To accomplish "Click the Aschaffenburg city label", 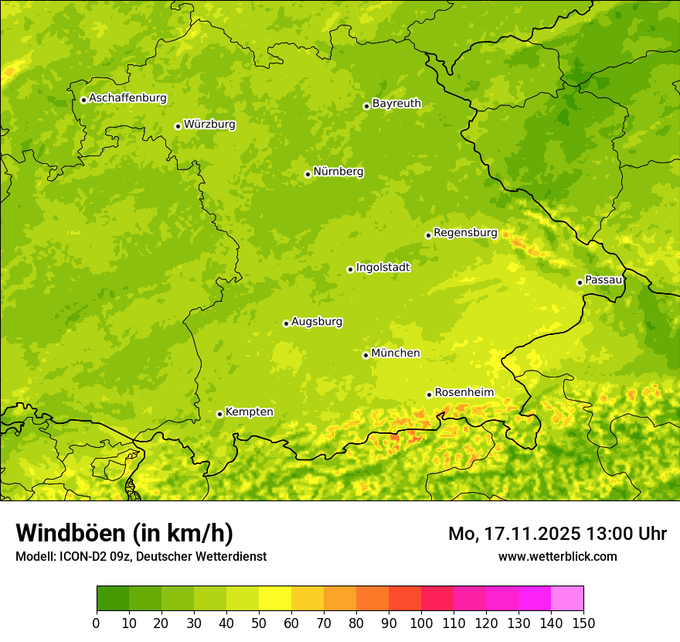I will pyautogui.click(x=127, y=98).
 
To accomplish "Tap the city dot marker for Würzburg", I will pyautogui.click(x=178, y=126).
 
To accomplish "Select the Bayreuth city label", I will pyautogui.click(x=396, y=104).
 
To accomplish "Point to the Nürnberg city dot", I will pyautogui.click(x=308, y=174).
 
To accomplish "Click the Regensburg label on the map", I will pyautogui.click(x=465, y=233).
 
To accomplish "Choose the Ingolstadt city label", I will pyautogui.click(x=382, y=268).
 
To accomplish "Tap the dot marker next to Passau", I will pyautogui.click(x=580, y=282).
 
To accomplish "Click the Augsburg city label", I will pyautogui.click(x=317, y=322).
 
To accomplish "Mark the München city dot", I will pyautogui.click(x=365, y=355).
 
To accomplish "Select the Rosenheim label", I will pyautogui.click(x=464, y=393).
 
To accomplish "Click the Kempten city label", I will pyautogui.click(x=249, y=412).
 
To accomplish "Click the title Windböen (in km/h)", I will pyautogui.click(x=124, y=533).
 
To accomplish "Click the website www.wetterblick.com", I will pyautogui.click(x=557, y=556).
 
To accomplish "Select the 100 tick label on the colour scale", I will pyautogui.click(x=421, y=623).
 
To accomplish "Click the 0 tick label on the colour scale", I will pyautogui.click(x=97, y=623).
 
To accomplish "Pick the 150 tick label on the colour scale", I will pyautogui.click(x=583, y=623).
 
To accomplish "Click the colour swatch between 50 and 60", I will pyautogui.click(x=275, y=599).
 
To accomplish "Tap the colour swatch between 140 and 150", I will pyautogui.click(x=567, y=599).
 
